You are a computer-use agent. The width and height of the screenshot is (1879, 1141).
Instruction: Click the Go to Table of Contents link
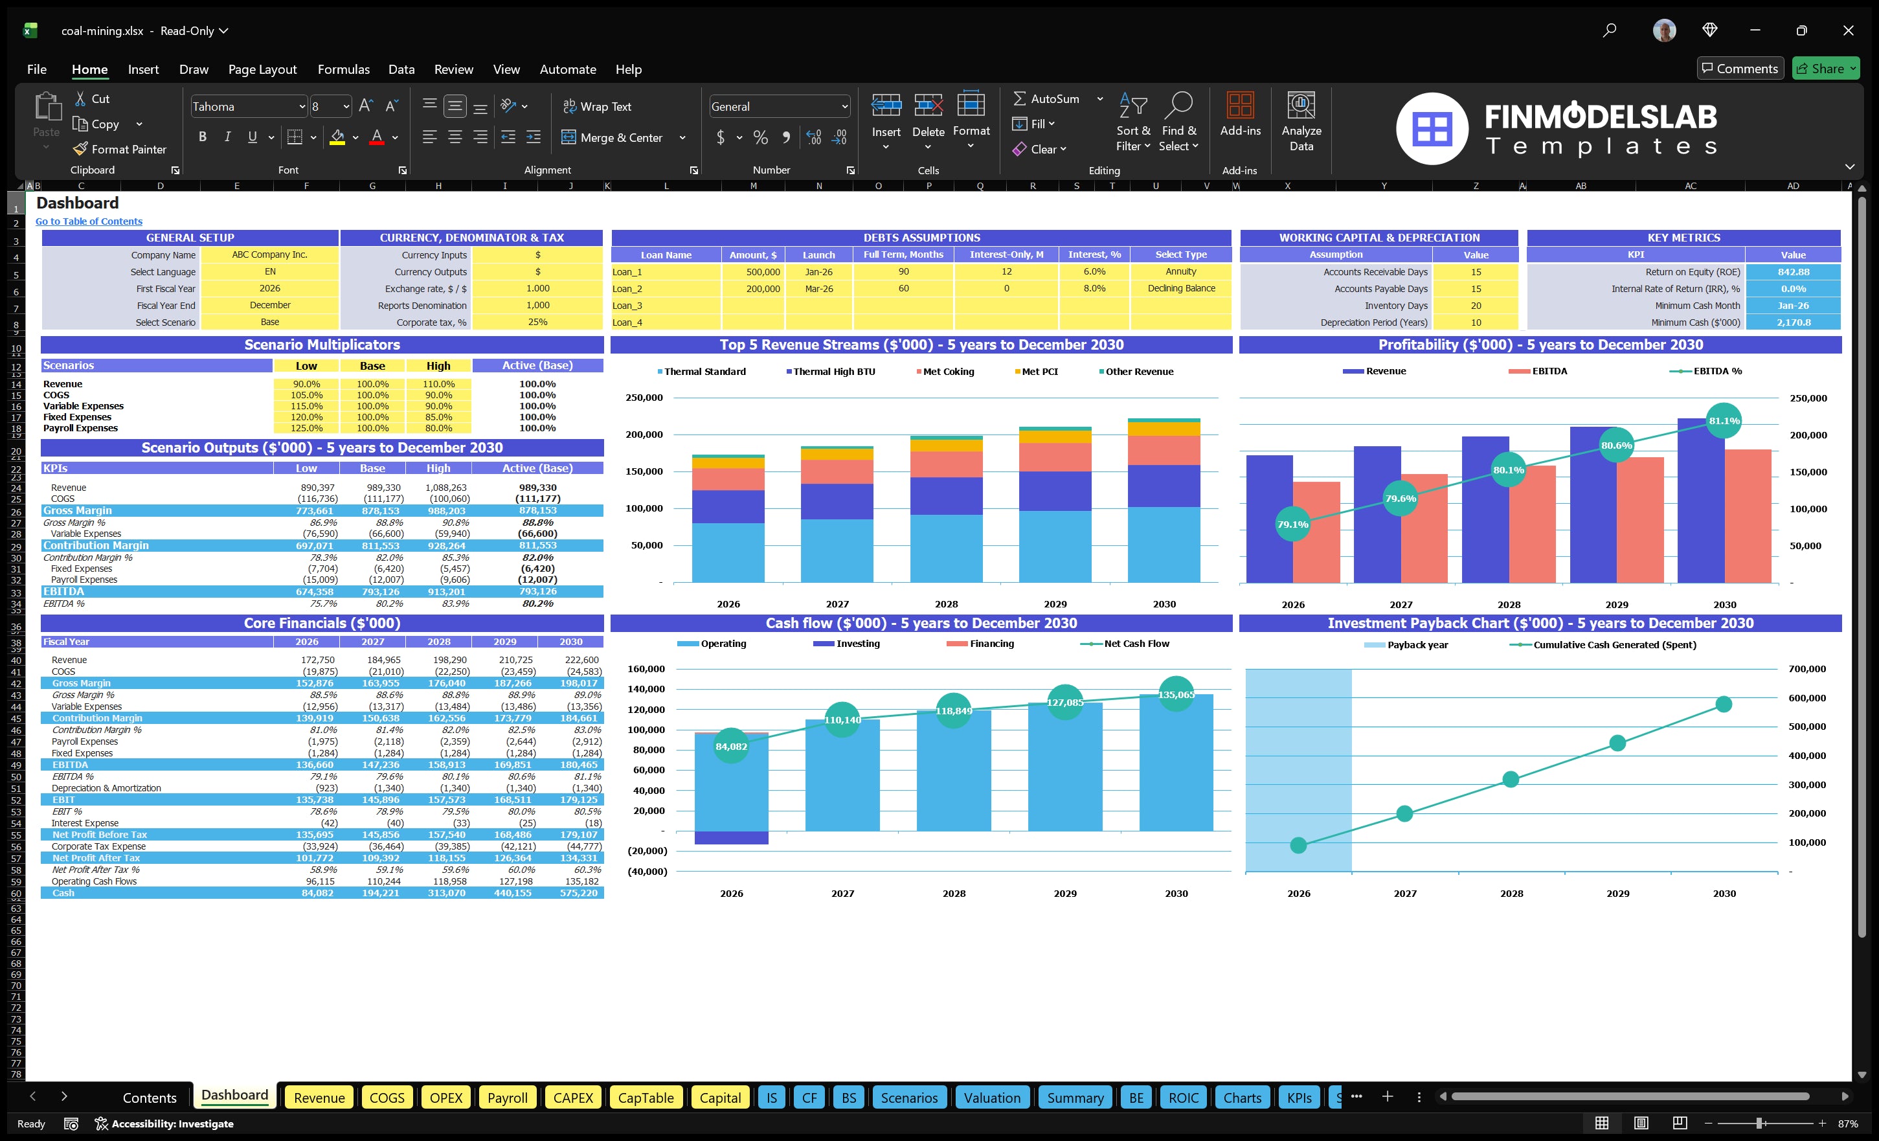pos(89,221)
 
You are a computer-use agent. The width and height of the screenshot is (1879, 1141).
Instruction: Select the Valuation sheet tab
pos(991,1098)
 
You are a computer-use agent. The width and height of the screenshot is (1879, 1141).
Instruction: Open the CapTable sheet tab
pos(645,1098)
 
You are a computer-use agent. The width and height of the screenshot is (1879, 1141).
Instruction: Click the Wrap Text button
pos(597,107)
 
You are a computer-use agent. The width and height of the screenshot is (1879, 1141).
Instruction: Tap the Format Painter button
pos(120,150)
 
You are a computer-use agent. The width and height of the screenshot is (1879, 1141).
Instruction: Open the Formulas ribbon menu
pos(343,69)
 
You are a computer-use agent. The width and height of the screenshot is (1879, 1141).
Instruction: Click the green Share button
pos(1826,69)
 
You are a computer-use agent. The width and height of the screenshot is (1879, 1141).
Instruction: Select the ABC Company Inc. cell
pos(269,254)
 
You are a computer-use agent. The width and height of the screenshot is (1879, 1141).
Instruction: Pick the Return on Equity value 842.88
pos(1793,272)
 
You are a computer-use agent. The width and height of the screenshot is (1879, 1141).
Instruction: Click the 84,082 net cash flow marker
pos(730,746)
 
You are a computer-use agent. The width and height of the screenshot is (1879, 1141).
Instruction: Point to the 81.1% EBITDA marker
pos(1724,420)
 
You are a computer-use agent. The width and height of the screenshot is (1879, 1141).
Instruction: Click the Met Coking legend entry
pos(947,372)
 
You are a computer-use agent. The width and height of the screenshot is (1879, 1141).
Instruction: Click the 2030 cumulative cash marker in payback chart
pos(1724,704)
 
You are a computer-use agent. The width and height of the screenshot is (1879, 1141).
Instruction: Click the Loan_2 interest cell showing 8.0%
pos(1094,289)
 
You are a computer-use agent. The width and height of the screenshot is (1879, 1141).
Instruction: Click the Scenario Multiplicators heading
pos(322,345)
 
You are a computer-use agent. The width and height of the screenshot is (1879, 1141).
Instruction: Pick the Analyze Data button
pos(1301,122)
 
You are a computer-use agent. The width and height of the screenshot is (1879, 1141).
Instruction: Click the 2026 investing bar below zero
pos(730,837)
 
